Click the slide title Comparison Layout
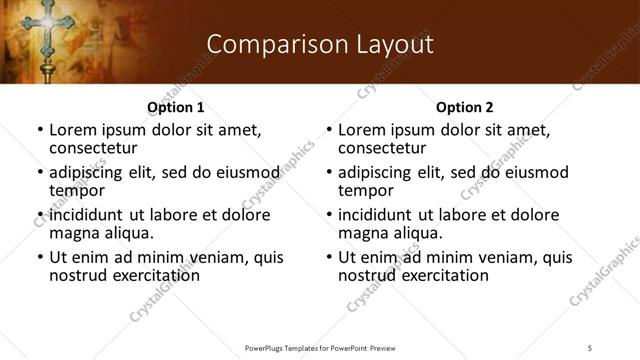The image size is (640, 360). pos(319,45)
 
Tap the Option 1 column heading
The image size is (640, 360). pos(175,107)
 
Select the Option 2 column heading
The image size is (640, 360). pos(464,107)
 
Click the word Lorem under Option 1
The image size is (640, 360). pos(72,130)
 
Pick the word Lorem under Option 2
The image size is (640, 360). pos(361,130)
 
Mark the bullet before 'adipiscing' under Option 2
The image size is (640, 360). pos(329,173)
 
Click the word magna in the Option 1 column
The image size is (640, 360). pos(72,233)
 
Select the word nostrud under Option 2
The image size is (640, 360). pos(369,275)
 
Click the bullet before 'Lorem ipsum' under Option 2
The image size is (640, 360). pos(329,130)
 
